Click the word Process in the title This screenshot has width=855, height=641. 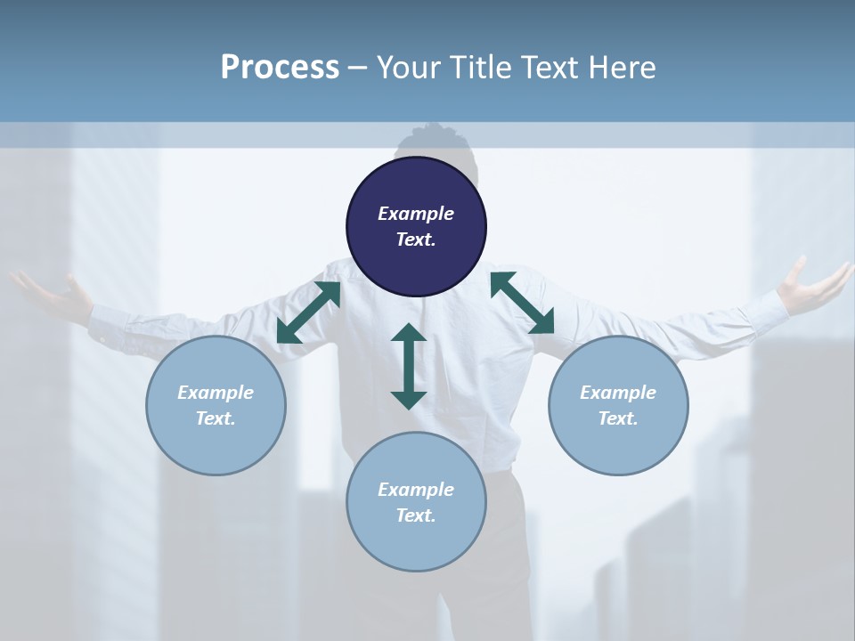(280, 68)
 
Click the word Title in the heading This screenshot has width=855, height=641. (482, 68)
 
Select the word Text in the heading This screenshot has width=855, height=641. (551, 68)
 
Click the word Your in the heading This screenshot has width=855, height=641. (408, 68)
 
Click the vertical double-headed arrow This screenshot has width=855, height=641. (409, 366)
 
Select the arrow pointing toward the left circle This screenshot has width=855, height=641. (308, 312)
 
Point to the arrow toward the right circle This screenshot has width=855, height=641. (522, 303)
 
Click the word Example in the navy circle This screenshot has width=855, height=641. (416, 214)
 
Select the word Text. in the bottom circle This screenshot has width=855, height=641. (416, 515)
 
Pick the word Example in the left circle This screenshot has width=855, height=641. (216, 393)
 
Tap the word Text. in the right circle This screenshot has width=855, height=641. (618, 418)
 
